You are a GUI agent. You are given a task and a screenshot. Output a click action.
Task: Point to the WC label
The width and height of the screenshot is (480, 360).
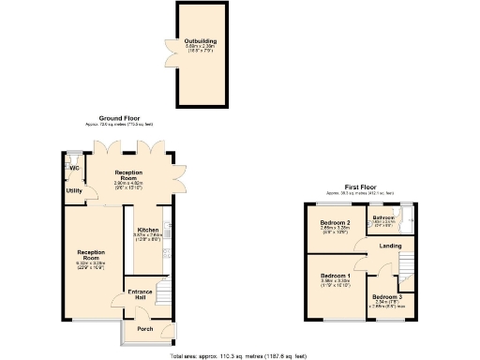point(73,168)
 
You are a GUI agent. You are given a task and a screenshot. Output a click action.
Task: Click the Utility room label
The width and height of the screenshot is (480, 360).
point(73,190)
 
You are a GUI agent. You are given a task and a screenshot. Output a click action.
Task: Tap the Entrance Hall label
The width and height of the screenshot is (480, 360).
point(141,292)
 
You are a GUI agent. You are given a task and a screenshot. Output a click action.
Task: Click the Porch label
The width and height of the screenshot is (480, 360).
point(145,329)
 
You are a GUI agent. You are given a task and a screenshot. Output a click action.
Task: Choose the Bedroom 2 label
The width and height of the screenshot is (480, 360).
point(335,222)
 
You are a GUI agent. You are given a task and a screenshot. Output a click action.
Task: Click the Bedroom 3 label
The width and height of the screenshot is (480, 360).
point(389,296)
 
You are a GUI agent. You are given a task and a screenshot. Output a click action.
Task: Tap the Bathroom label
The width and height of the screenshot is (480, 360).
point(383,218)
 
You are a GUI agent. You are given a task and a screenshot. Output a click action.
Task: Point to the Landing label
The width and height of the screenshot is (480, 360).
point(391,247)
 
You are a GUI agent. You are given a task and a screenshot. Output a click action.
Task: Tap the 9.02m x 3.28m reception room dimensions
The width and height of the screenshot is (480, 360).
point(90,263)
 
